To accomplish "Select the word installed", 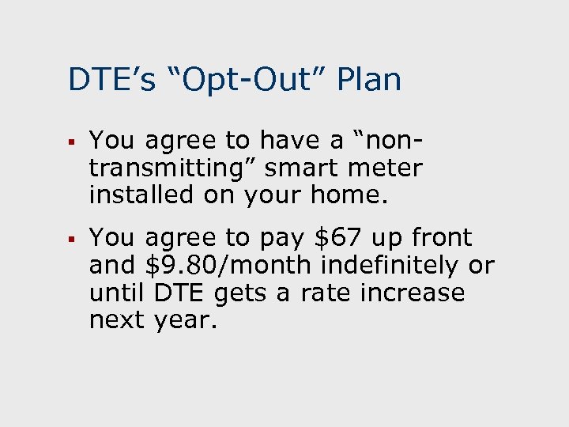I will (x=141, y=195).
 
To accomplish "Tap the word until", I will (x=117, y=293).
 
